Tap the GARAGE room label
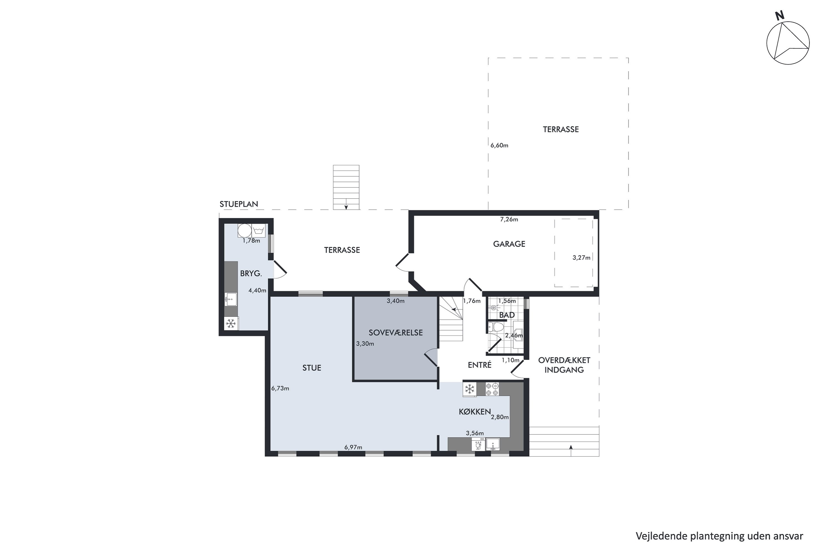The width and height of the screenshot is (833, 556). tap(509, 244)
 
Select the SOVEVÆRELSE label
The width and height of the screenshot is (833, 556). tap(396, 332)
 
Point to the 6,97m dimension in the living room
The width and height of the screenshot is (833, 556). tap(353, 447)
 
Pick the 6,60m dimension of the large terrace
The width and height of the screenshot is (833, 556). tap(499, 145)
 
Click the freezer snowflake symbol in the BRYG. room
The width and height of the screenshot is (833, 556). tap(231, 323)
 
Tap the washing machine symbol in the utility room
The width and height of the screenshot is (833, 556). tap(259, 231)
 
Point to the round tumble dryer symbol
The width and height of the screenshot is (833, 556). tap(244, 231)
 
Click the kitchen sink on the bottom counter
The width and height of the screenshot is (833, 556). tap(493, 444)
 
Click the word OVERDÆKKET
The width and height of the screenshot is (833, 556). tap(564, 360)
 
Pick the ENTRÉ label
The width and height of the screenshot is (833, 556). tap(480, 365)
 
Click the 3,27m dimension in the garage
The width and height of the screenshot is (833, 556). tap(581, 258)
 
